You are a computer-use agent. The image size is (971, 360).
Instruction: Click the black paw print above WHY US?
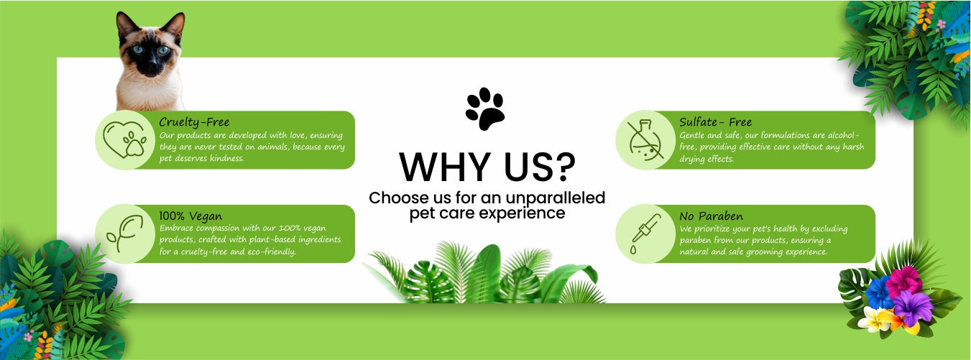485,109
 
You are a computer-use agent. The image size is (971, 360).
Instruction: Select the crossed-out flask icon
645,140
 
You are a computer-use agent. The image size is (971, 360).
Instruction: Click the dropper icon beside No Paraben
645,234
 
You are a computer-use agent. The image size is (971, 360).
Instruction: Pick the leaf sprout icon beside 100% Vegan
125,234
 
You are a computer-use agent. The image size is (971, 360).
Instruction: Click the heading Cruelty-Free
194,122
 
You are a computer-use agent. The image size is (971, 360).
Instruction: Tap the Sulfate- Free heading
715,121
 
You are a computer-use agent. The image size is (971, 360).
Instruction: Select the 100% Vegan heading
190,216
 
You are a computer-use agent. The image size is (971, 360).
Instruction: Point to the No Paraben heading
711,216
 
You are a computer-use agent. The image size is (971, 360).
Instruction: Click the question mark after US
564,167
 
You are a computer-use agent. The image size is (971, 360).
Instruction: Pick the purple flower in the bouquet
912,307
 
